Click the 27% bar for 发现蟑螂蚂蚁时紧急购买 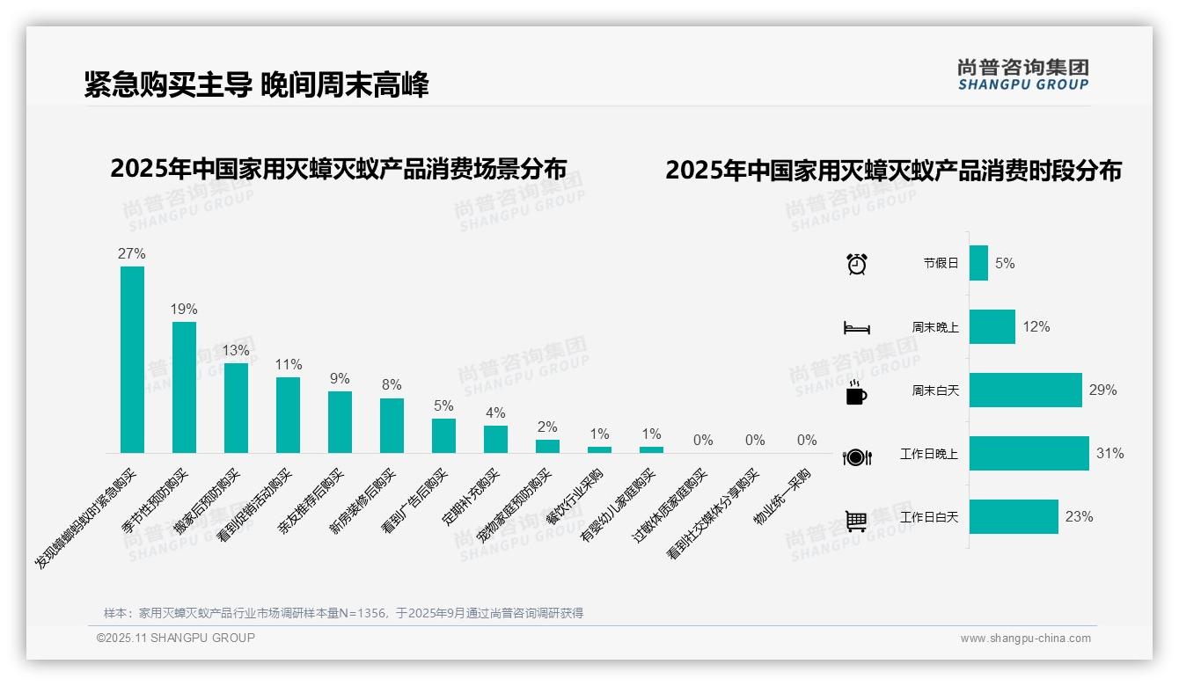click(132, 360)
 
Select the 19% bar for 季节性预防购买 click(184, 387)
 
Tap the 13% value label click(236, 350)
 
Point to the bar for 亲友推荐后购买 click(340, 422)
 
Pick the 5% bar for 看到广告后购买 click(443, 435)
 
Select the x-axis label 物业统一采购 click(782, 498)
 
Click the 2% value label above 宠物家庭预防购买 click(547, 427)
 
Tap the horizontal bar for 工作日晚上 click(1029, 454)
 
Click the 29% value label click(1102, 390)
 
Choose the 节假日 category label click(941, 263)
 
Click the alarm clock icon click(856, 264)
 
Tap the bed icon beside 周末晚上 click(856, 328)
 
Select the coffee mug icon click(856, 392)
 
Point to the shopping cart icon click(856, 521)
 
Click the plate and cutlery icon click(856, 456)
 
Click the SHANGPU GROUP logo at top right click(1022, 75)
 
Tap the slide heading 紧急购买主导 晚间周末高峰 click(256, 85)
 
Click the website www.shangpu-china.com click(1025, 639)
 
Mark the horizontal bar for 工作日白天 click(1014, 517)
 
